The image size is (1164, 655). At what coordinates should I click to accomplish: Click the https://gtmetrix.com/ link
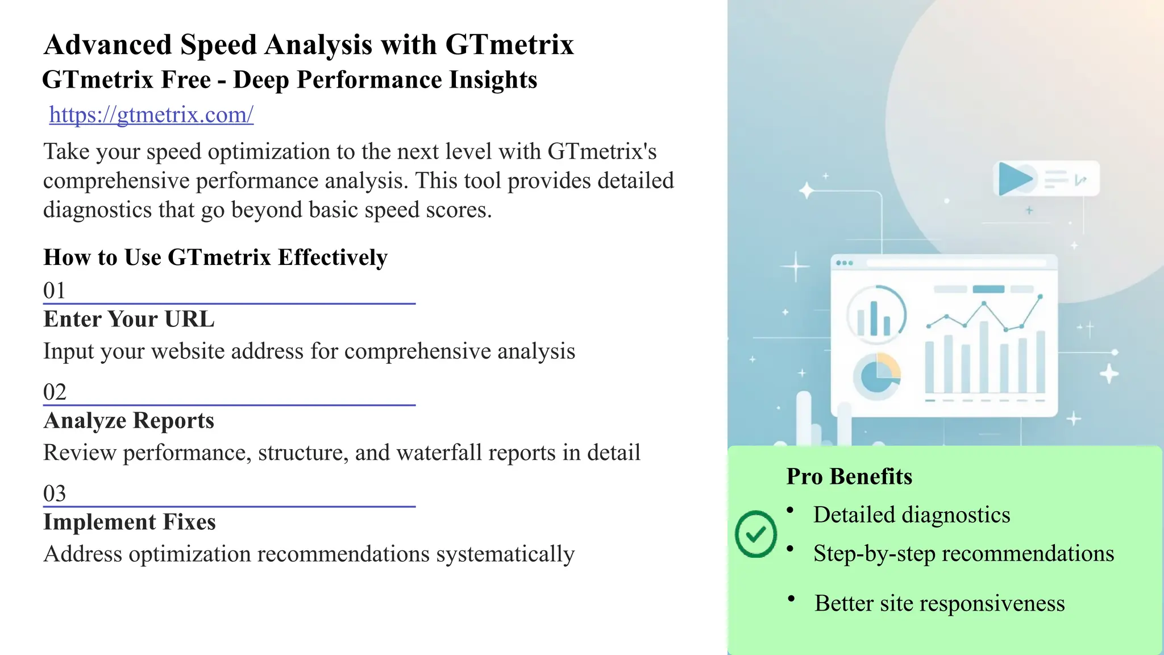click(x=151, y=115)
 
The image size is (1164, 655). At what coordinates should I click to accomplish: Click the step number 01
click(x=55, y=291)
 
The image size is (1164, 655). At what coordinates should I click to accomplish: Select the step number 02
click(x=55, y=392)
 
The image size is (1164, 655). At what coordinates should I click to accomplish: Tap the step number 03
click(x=55, y=493)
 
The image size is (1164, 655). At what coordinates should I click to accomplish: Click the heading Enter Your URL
click(x=129, y=319)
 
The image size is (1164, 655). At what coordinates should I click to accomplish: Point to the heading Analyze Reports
click(x=129, y=421)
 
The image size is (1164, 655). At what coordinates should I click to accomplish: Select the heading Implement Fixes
click(x=130, y=522)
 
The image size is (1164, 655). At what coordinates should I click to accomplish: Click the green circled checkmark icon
click(x=755, y=534)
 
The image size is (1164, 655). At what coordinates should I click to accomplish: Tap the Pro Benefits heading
click(x=849, y=476)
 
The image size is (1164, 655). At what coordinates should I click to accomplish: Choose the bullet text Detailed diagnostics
click(x=912, y=515)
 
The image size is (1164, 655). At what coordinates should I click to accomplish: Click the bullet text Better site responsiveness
click(x=939, y=603)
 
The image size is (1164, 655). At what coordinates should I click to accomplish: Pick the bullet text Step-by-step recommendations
click(x=963, y=553)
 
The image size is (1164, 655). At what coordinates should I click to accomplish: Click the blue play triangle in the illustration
click(x=1015, y=179)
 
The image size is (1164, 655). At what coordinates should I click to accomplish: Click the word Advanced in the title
click(x=108, y=45)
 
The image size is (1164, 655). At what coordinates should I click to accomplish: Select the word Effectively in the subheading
click(x=332, y=258)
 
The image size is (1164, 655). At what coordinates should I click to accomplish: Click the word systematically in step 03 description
click(x=505, y=554)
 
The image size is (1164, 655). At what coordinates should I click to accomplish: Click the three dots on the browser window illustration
click(x=845, y=263)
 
